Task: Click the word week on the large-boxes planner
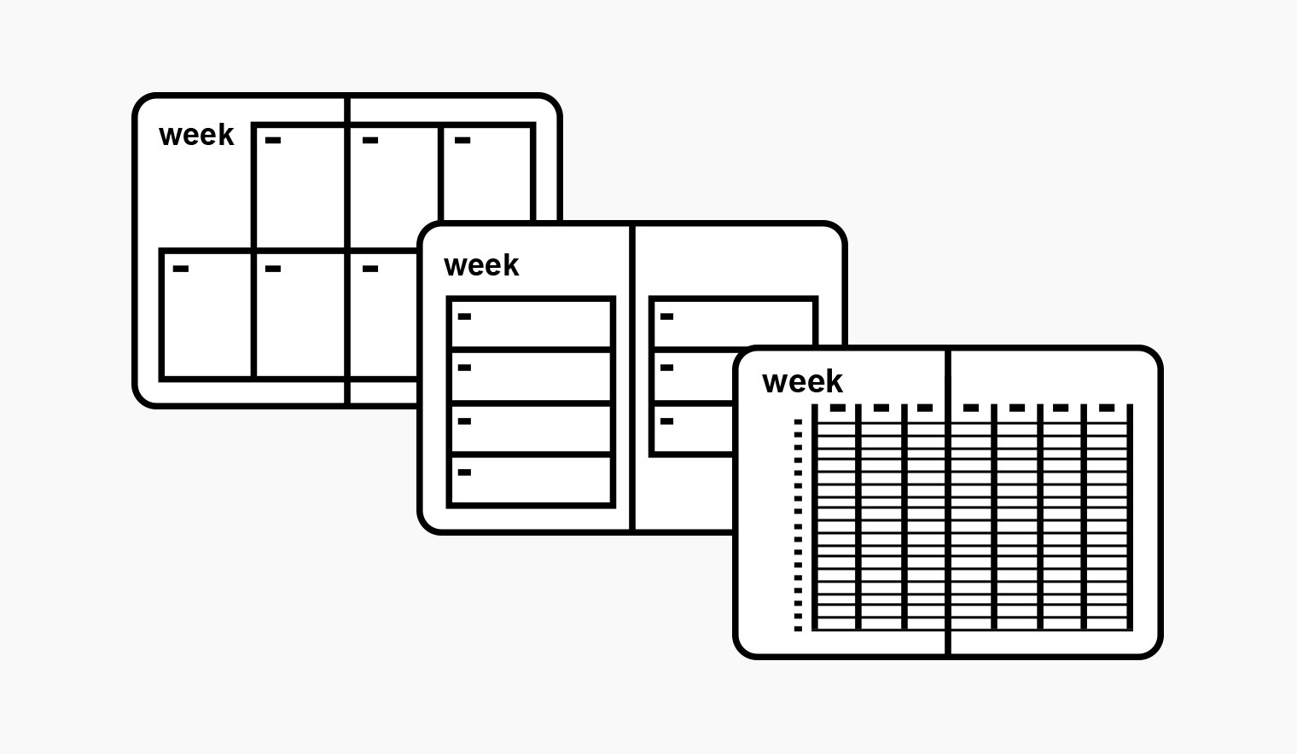196,135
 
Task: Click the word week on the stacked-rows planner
481,265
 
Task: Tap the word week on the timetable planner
802,381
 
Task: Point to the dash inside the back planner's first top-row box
273,141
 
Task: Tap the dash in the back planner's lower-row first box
181,270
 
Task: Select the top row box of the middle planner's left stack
531,323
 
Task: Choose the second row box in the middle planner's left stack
531,375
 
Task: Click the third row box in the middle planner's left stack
531,428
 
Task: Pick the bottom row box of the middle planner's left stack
531,481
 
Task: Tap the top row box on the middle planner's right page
732,322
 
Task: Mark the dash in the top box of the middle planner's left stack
465,317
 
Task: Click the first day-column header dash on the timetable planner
838,409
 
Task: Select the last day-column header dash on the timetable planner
1107,409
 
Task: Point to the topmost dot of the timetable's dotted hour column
799,422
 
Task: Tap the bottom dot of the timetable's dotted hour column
799,629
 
